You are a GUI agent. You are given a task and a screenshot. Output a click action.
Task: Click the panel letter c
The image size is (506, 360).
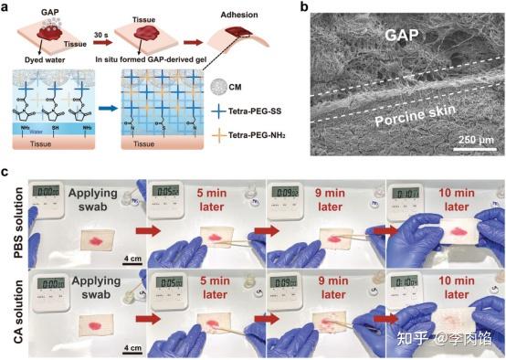point(6,171)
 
